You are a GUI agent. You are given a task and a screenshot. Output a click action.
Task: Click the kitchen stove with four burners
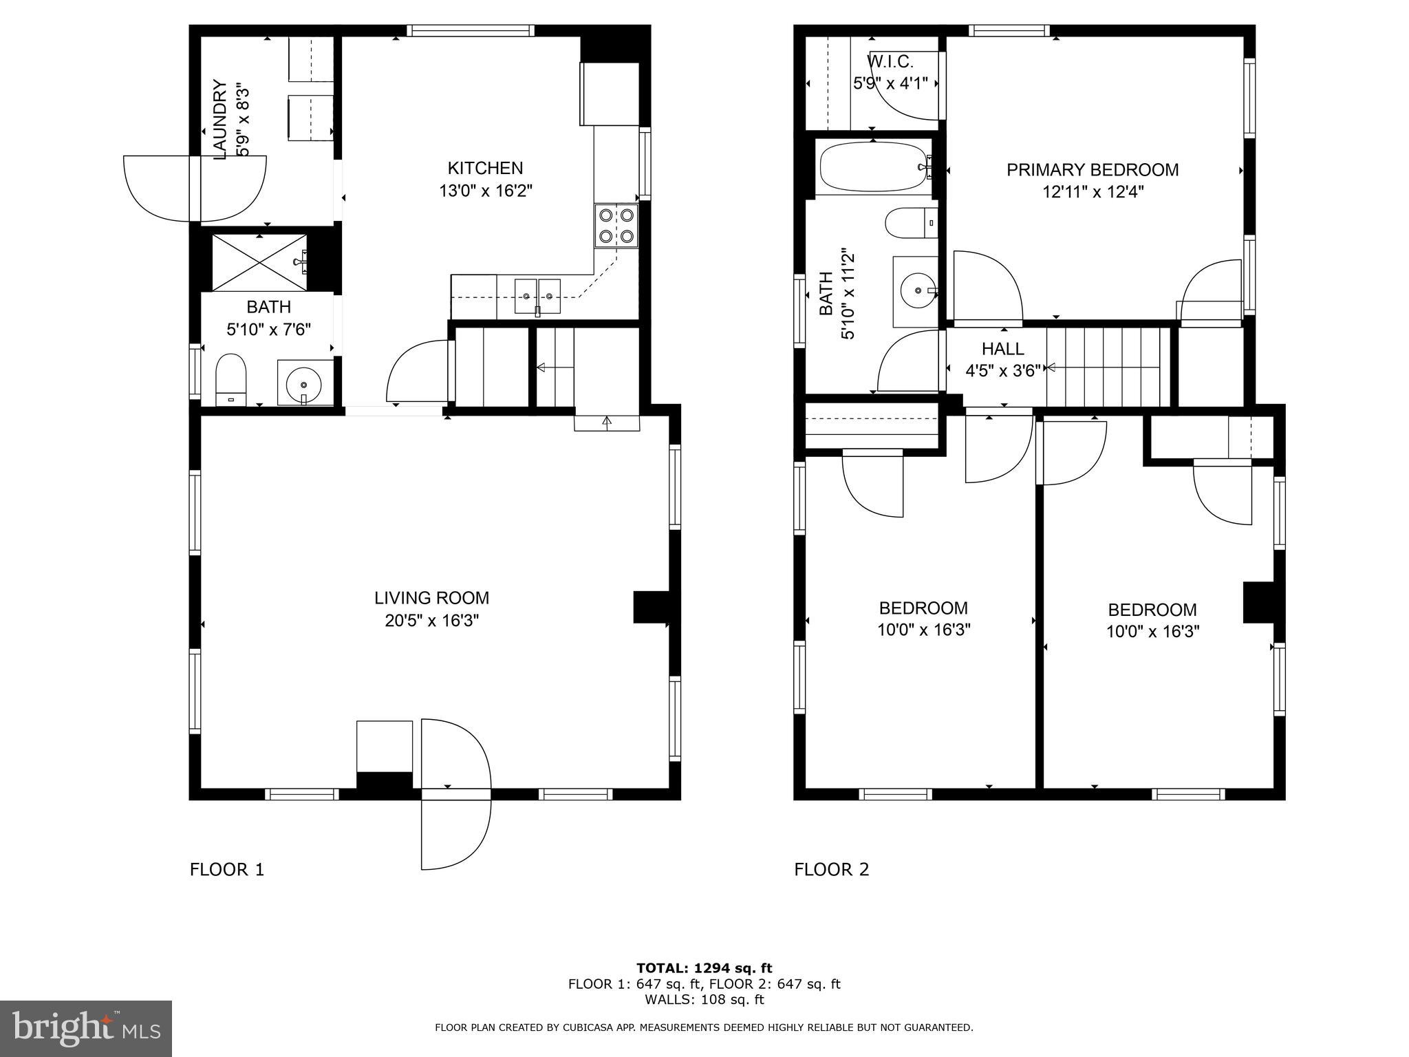click(x=616, y=226)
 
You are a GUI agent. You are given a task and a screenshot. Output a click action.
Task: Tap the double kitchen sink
click(x=537, y=296)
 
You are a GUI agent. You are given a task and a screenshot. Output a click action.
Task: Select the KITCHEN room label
click(x=485, y=168)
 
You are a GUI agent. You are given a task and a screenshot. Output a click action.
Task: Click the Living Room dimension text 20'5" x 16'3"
click(x=431, y=621)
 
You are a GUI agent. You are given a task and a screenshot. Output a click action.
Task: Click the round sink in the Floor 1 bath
click(x=303, y=382)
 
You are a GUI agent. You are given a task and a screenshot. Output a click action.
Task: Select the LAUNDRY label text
click(x=219, y=120)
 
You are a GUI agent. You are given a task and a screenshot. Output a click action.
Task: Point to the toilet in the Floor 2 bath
click(x=910, y=223)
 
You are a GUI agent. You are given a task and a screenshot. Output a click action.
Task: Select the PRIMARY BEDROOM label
click(x=1092, y=169)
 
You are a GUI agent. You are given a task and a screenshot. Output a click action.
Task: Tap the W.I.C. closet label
click(x=890, y=62)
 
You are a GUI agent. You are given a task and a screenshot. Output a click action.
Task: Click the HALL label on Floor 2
click(x=1002, y=348)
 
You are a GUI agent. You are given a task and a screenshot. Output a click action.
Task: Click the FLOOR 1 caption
click(x=226, y=869)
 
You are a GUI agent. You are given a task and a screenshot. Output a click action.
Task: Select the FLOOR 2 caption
click(x=831, y=869)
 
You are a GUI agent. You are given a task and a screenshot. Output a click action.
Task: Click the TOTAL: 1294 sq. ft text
click(x=704, y=968)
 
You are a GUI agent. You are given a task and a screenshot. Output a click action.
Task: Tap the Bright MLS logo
click(x=85, y=1028)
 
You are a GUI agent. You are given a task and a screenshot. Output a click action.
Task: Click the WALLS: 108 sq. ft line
click(x=704, y=999)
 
